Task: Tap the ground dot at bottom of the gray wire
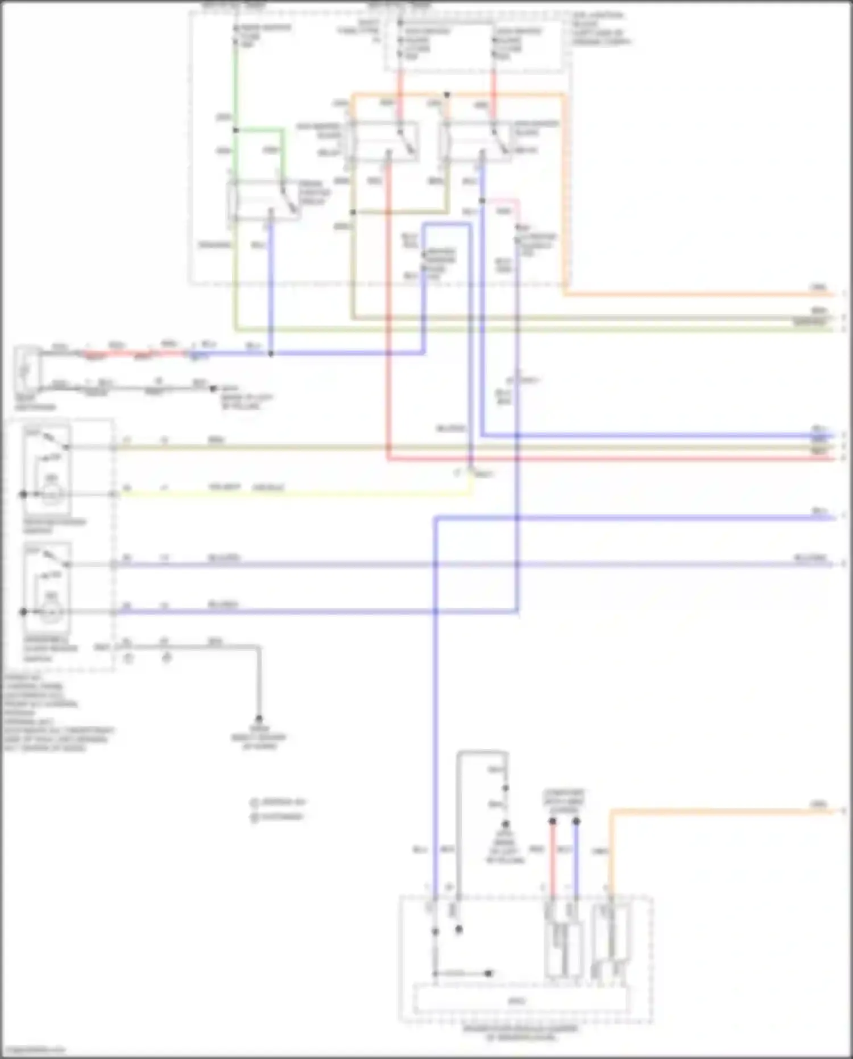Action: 259,719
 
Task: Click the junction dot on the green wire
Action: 235,130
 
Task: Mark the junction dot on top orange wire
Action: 448,94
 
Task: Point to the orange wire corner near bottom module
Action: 611,811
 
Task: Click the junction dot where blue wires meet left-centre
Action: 271,353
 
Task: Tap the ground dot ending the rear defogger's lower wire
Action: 213,389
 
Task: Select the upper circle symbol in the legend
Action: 254,802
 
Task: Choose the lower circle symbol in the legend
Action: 254,817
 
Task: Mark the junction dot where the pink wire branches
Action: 482,201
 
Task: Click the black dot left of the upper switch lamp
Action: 23,495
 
